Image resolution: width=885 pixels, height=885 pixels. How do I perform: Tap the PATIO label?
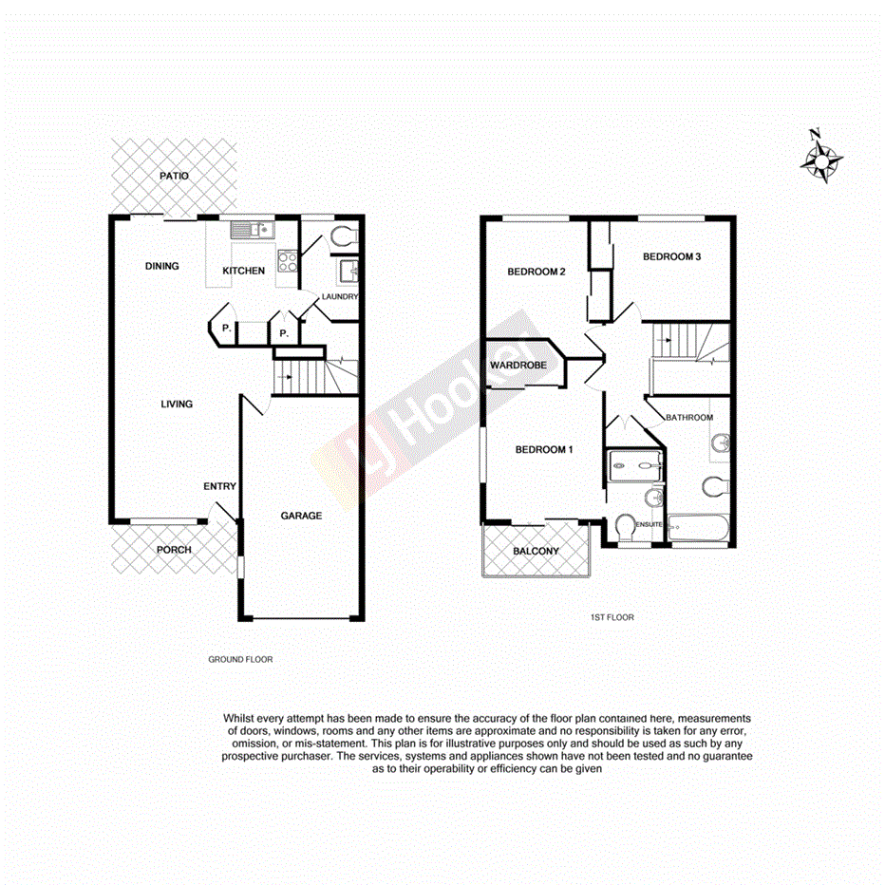point(174,177)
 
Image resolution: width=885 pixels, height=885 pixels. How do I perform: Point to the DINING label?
point(162,266)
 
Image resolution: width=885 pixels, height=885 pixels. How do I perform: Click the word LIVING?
point(177,405)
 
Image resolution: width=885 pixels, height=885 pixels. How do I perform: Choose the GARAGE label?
point(301,516)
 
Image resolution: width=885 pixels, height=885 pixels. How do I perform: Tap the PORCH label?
point(174,550)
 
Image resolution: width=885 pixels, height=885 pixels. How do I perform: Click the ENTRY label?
point(219,487)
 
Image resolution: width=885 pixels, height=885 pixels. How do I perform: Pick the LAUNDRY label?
point(340,297)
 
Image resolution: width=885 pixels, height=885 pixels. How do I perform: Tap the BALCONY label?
point(536,552)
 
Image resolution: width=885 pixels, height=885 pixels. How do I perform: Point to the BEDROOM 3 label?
point(671,256)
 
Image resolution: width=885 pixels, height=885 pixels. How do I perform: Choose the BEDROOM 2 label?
point(537,272)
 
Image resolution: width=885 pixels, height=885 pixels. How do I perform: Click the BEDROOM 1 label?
point(544,450)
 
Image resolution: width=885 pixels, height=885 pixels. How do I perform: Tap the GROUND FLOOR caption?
point(240,659)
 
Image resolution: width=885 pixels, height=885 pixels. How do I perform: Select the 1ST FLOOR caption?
point(612,617)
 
